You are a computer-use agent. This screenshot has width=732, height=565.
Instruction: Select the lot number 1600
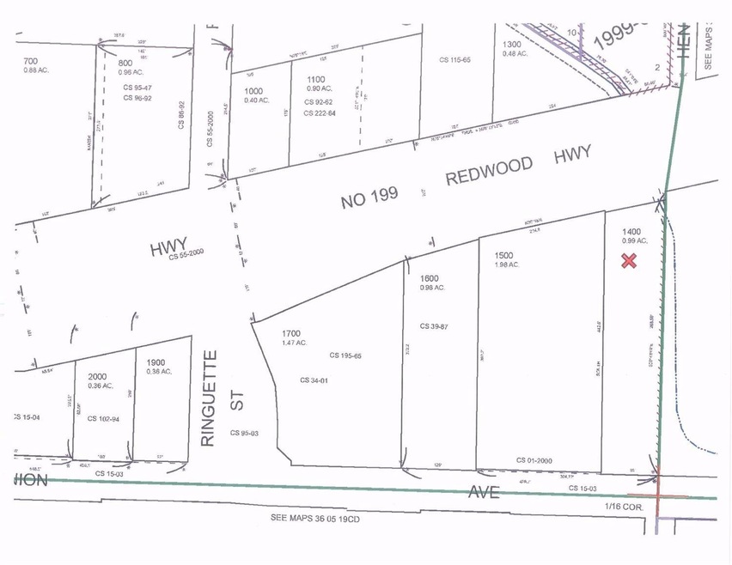430,278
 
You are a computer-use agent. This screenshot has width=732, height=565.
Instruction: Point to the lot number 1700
292,333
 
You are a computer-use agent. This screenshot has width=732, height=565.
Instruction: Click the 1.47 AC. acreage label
295,343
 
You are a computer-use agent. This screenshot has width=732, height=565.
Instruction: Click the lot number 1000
254,90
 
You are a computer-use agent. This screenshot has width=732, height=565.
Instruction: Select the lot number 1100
316,79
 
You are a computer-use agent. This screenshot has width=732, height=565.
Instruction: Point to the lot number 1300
512,45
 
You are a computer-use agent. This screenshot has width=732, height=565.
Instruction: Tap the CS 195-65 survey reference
345,355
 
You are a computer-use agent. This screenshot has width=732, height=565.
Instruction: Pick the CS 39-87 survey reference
436,326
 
